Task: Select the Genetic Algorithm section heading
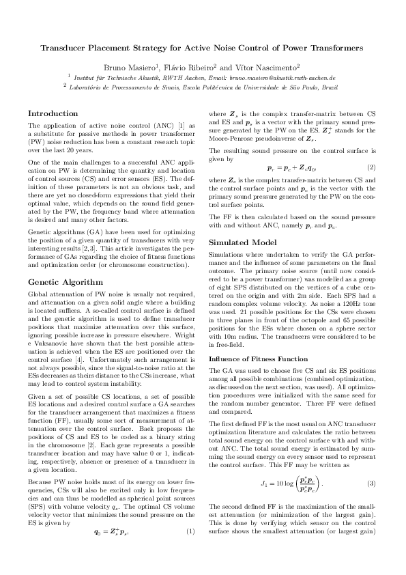click(x=65, y=281)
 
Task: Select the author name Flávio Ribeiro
click(x=213, y=68)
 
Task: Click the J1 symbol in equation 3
click(x=265, y=464)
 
